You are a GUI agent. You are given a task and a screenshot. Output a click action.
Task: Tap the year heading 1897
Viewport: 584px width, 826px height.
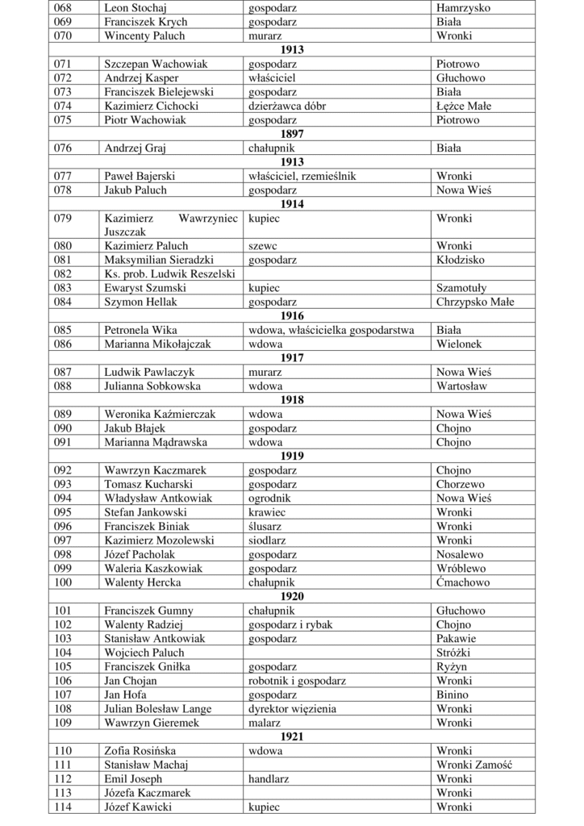tap(292, 134)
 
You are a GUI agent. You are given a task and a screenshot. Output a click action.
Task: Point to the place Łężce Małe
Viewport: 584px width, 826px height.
tap(464, 106)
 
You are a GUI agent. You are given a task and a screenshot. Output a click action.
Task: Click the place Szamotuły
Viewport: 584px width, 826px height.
tap(461, 288)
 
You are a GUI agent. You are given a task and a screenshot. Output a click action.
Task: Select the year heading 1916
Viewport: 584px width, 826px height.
tap(292, 315)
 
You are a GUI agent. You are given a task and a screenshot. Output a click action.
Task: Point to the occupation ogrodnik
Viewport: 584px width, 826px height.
tap(269, 498)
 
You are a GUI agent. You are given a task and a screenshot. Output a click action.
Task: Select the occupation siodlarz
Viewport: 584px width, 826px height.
tap(269, 540)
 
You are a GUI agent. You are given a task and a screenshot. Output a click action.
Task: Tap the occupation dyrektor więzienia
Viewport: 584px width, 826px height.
tap(293, 708)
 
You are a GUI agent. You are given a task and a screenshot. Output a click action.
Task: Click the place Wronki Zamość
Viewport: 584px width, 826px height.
tap(474, 765)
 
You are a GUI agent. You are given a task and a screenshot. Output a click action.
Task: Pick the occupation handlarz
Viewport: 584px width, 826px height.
tap(269, 778)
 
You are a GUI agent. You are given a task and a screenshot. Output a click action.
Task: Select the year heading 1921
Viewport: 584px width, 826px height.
tap(292, 736)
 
